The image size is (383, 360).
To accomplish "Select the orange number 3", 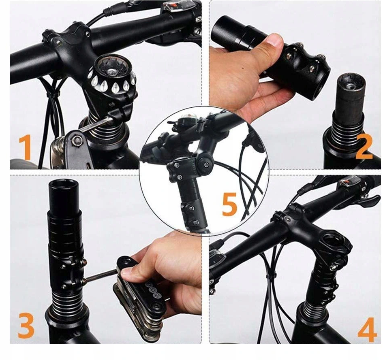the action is pos(26,325).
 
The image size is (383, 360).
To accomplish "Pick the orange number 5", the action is pos(229,204).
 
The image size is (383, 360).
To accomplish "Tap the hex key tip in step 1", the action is pos(111,119).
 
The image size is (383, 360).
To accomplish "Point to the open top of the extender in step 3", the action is pos(63,186).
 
